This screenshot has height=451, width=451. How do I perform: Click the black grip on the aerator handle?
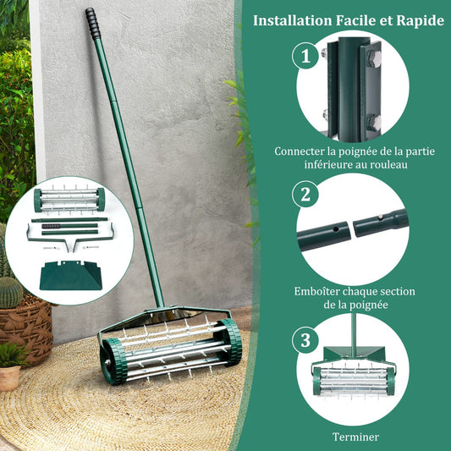[x=92, y=23]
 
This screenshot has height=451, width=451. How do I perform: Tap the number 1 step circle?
[x=305, y=57]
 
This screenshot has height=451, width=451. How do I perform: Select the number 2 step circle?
[x=305, y=194]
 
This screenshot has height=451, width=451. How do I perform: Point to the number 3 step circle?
[x=305, y=341]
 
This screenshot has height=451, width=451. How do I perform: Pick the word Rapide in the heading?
[x=415, y=19]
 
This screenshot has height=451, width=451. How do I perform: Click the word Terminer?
[x=355, y=437]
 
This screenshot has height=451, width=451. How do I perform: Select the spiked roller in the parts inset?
[x=69, y=200]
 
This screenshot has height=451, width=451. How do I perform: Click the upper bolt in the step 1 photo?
[x=371, y=58]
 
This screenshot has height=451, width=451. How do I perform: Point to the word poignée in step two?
[x=371, y=305]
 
